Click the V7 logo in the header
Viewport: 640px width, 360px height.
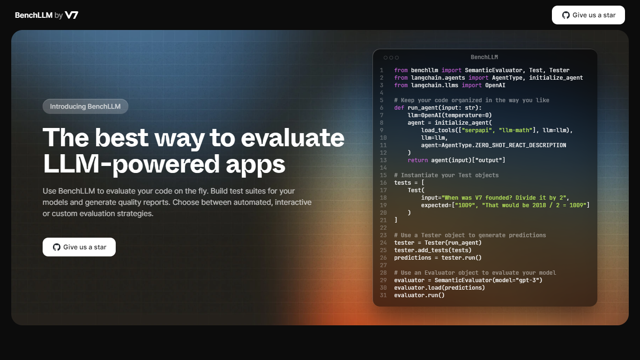[x=71, y=15]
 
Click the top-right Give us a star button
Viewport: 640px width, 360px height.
[x=588, y=15]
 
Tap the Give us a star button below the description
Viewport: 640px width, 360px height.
[x=79, y=247]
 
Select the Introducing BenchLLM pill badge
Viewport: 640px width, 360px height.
[x=85, y=106]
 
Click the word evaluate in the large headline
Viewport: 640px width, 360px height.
[x=292, y=138]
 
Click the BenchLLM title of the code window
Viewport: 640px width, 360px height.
[x=484, y=57]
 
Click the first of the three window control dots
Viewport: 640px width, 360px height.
[x=386, y=58]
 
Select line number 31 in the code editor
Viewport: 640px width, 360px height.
[x=383, y=295]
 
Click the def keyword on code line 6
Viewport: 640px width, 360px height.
[x=399, y=108]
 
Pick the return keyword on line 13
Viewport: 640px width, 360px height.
[x=418, y=160]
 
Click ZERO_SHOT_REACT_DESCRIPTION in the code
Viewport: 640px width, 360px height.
[x=521, y=145]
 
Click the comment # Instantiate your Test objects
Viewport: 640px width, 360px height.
[x=447, y=175]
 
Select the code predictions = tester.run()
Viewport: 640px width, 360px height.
[x=438, y=258]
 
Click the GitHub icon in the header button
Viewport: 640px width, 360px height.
[x=566, y=15]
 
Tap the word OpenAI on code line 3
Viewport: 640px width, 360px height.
[x=495, y=85]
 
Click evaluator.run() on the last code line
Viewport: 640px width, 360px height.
[x=419, y=295]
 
